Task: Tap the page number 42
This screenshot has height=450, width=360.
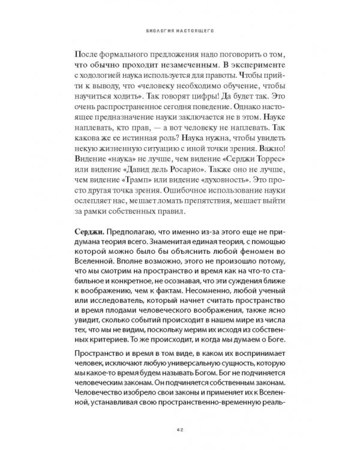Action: (x=179, y=426)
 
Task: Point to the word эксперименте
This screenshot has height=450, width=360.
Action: (x=257, y=64)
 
